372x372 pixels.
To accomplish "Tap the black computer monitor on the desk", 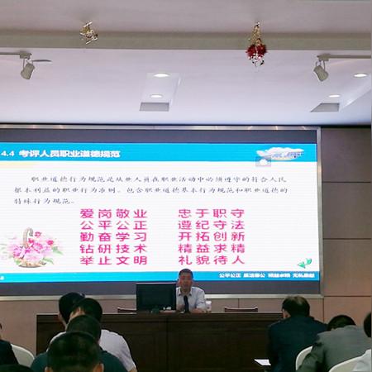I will click(155, 296).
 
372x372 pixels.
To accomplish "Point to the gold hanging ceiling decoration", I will click(88, 34).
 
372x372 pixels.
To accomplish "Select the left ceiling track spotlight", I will click(27, 69).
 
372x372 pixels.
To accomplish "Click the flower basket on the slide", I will click(34, 247).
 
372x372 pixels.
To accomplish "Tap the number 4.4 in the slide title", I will click(8, 154).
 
